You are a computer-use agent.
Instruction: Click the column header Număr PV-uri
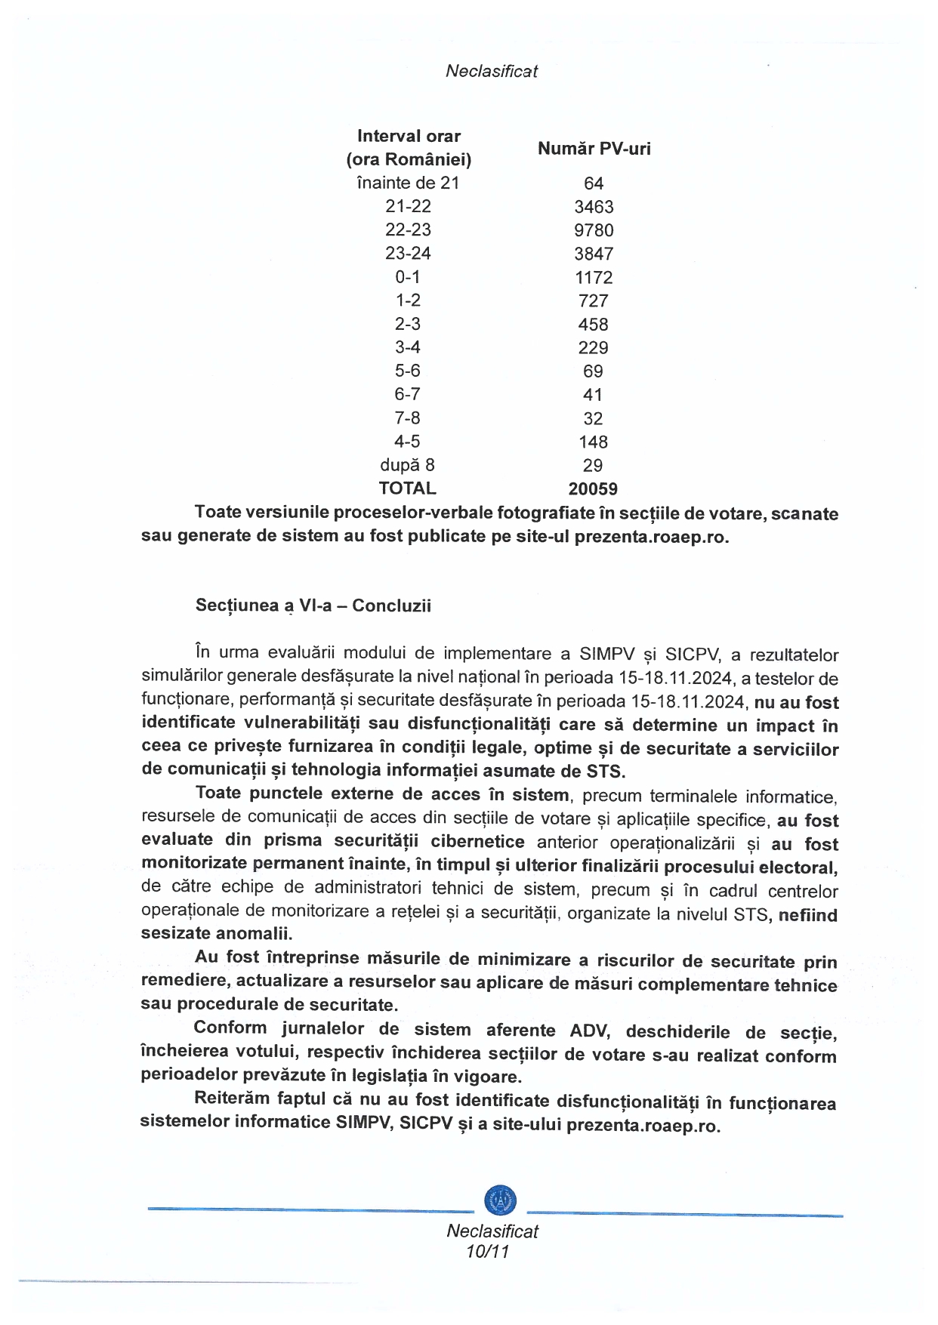click(x=594, y=149)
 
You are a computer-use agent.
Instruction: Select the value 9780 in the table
click(x=594, y=230)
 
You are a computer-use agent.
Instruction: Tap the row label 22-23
click(x=408, y=230)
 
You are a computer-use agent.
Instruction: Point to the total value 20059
click(x=593, y=489)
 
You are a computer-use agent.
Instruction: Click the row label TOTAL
click(x=408, y=488)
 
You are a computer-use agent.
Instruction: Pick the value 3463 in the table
click(x=594, y=207)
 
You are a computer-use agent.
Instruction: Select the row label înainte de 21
click(x=408, y=183)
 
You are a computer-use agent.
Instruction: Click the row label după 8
click(x=408, y=465)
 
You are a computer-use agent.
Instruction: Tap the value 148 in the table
click(x=594, y=442)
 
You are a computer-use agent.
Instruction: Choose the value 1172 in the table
click(x=594, y=277)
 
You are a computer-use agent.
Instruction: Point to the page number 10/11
click(x=488, y=1252)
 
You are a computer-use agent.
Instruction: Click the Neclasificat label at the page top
click(x=492, y=71)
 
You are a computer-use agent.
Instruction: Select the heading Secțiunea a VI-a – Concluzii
click(x=313, y=605)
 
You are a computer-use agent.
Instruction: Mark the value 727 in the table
click(x=594, y=300)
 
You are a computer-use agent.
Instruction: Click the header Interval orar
click(x=409, y=136)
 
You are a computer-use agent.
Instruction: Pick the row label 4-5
click(x=408, y=442)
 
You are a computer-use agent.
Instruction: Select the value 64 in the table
click(x=594, y=183)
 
